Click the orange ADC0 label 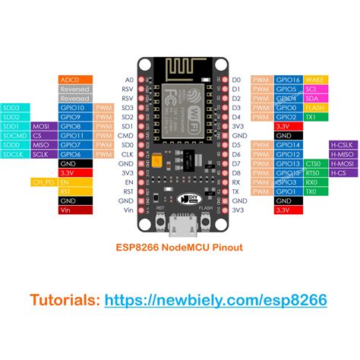pos(75,79)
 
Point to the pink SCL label pos(313,89)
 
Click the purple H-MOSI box pos(340,163)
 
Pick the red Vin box pos(75,210)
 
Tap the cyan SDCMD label pos(15,135)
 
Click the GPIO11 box pos(75,135)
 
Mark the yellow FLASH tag pos(313,107)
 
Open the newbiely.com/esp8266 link pos(216,301)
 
